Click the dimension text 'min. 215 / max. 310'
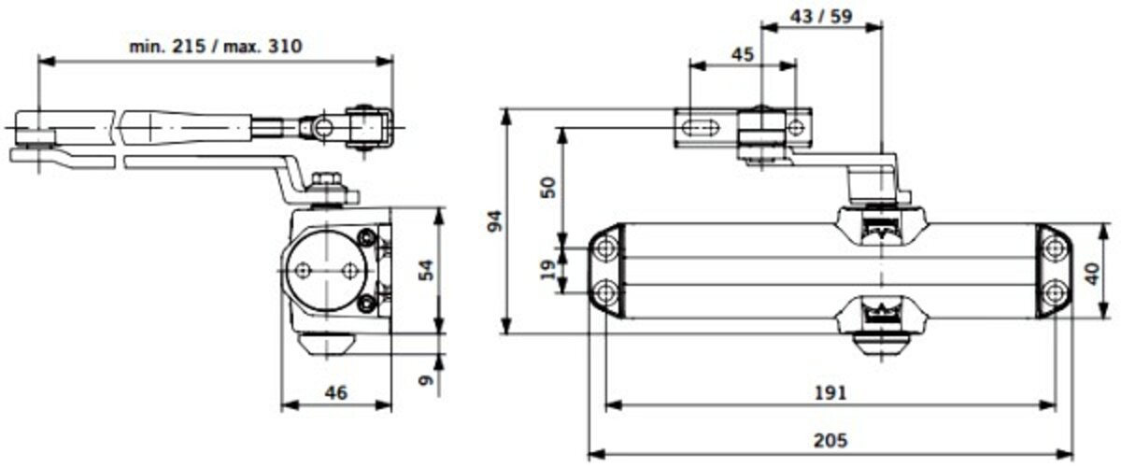coord(216,47)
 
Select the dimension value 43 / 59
coord(821,17)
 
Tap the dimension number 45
coord(742,54)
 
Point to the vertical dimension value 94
coord(494,220)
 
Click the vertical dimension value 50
coord(549,187)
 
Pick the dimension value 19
coord(549,269)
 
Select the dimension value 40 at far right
coord(1093,274)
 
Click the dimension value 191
coord(830,393)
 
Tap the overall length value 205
coord(830,441)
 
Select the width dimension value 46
coord(335,393)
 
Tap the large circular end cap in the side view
coord(326,271)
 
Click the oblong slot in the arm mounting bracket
coord(699,128)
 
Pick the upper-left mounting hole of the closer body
coord(606,248)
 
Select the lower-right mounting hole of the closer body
coord(1055,291)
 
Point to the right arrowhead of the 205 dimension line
coord(1066,455)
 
